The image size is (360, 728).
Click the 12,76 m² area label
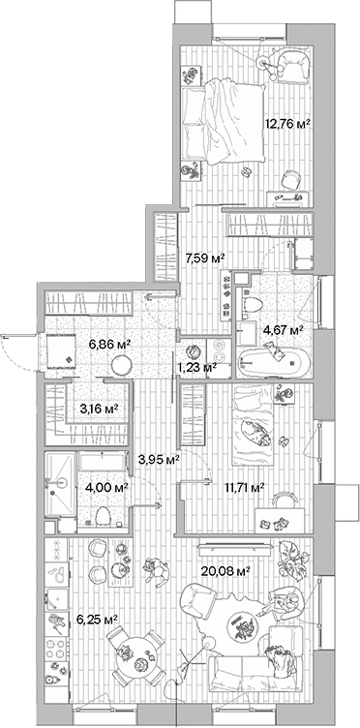point(287,124)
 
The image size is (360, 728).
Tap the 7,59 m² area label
point(204,258)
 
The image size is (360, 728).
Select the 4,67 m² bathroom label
point(284,330)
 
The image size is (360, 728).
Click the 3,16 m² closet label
point(98,409)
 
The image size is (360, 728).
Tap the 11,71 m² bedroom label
point(244,488)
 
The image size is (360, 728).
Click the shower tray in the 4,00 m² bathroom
point(60,476)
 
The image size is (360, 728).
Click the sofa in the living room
point(256,672)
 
